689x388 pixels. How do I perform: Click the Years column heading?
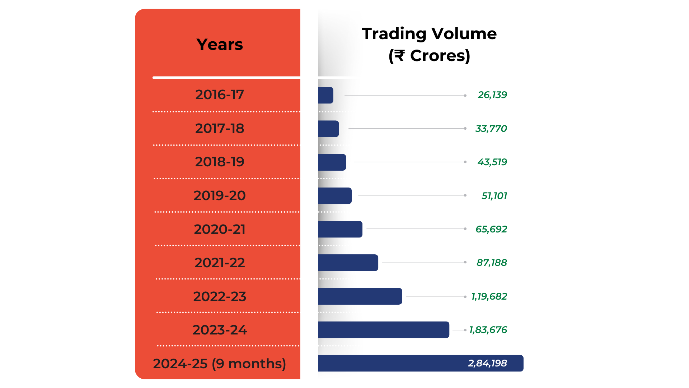220,45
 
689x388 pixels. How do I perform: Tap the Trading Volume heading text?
429,34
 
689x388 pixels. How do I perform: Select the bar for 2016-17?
326,95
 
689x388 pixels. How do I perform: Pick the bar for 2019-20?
335,196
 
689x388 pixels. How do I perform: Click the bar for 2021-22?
348,263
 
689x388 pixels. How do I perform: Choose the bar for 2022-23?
360,296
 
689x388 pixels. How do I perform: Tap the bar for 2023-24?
384,330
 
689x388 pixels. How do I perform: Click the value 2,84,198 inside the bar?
487,363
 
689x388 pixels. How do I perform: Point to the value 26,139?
492,95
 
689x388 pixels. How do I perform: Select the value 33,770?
491,129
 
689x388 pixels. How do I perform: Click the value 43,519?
492,162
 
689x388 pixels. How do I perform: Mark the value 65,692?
491,229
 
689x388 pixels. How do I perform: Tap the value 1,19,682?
489,296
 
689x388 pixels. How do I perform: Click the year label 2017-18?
220,129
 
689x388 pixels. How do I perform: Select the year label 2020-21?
220,229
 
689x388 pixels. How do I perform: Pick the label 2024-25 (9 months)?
220,364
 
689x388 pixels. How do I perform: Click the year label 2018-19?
220,162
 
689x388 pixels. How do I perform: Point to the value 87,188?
492,263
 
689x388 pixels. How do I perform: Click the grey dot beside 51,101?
465,195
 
